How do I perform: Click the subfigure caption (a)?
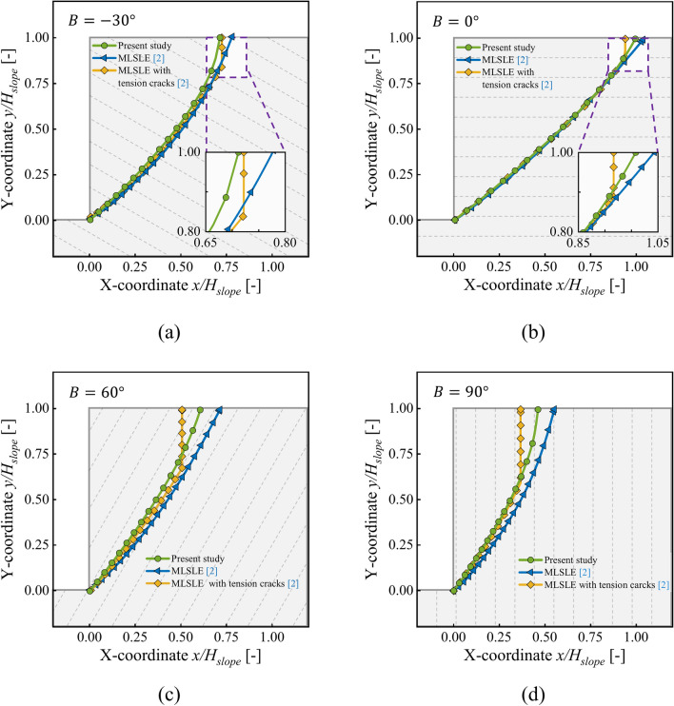(168, 332)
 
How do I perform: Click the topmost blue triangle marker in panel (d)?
(553, 409)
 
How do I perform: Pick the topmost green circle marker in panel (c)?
(200, 409)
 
